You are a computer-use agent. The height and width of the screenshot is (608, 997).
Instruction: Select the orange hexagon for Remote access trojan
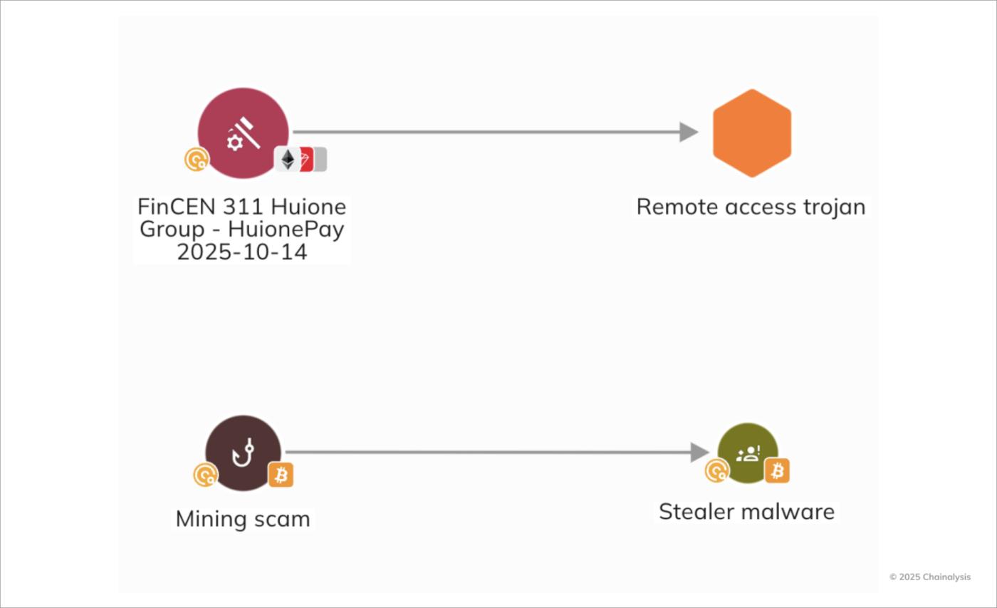[752, 133]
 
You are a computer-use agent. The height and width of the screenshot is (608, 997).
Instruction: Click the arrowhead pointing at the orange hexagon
[688, 132]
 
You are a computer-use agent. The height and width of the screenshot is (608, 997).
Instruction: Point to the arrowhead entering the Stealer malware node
[699, 452]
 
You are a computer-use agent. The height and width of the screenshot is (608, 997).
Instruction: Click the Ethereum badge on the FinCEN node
[288, 159]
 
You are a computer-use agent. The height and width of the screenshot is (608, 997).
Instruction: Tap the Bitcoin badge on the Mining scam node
[281, 474]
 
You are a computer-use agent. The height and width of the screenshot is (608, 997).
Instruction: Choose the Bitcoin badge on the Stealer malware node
[777, 470]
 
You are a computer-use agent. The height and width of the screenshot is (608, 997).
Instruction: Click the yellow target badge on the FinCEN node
[196, 159]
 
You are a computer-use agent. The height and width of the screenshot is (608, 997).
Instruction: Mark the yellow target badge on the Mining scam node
[205, 474]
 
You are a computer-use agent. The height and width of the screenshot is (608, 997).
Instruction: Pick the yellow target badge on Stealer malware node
[716, 470]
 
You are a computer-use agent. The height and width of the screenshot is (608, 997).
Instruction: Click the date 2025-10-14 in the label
[242, 252]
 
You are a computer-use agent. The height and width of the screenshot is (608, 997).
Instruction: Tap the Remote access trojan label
[751, 207]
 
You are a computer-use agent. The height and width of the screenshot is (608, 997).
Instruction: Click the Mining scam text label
[243, 519]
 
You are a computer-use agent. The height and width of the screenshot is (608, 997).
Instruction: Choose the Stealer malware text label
[746, 512]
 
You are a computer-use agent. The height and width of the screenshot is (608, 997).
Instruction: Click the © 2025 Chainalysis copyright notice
[929, 577]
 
